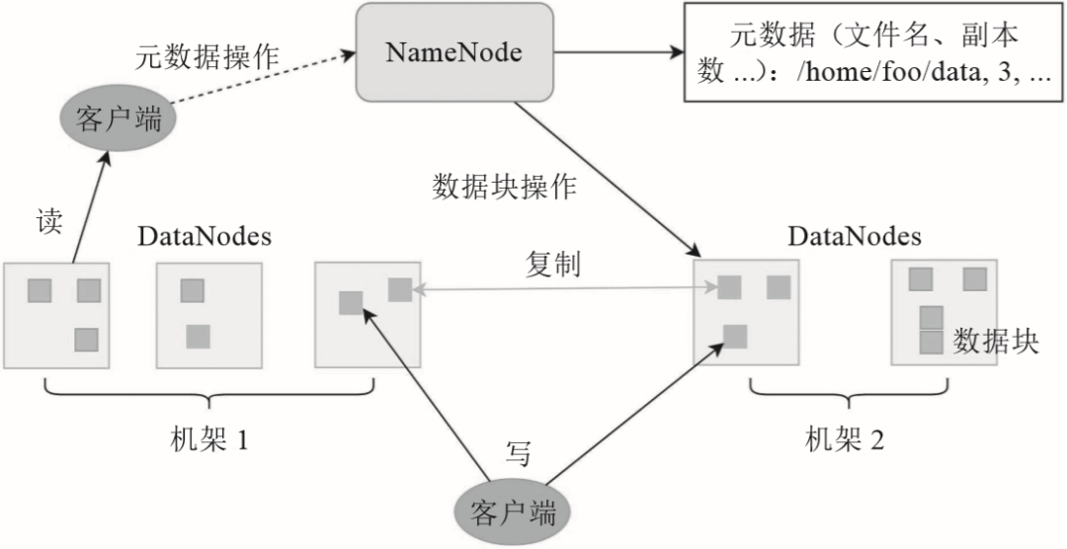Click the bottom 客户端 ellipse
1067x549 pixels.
click(x=513, y=512)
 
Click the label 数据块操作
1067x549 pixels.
click(x=504, y=188)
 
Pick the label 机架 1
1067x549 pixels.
click(x=208, y=438)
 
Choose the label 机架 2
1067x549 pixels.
click(x=846, y=438)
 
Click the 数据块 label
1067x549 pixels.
click(x=995, y=342)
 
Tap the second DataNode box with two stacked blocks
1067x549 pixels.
click(x=208, y=314)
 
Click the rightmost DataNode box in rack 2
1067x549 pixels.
click(x=944, y=312)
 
